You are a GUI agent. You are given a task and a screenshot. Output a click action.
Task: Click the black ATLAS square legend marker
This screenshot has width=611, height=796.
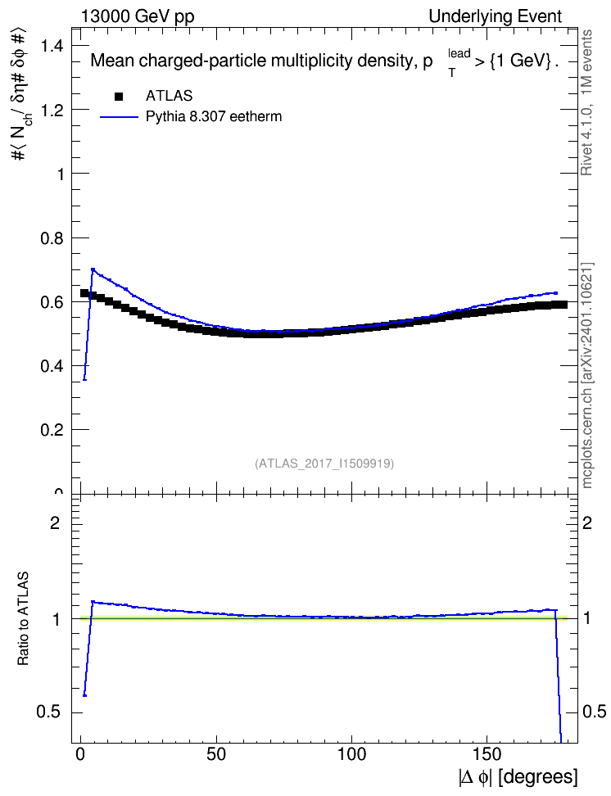pyautogui.click(x=119, y=96)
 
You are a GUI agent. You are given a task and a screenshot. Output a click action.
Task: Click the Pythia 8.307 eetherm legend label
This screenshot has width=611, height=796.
pyautogui.click(x=213, y=117)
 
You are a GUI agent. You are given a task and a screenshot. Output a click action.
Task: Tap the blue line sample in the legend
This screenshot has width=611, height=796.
pyautogui.click(x=119, y=117)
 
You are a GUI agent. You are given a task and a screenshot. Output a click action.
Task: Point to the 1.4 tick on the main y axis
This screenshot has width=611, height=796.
pyautogui.click(x=52, y=46)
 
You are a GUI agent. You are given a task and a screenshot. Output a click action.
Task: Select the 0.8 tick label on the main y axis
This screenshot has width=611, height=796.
pyautogui.click(x=52, y=238)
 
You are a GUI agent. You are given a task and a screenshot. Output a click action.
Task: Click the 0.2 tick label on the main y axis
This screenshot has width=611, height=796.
pyautogui.click(x=52, y=430)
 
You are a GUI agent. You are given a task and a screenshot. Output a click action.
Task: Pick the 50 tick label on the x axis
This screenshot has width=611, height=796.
pyautogui.click(x=216, y=754)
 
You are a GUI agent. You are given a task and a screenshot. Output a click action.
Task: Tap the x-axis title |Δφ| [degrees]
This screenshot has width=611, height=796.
pyautogui.click(x=518, y=777)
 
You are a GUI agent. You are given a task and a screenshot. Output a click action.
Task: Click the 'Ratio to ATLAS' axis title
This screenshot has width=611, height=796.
pyautogui.click(x=23, y=618)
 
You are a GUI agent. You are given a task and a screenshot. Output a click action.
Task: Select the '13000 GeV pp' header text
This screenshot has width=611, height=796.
pyautogui.click(x=137, y=16)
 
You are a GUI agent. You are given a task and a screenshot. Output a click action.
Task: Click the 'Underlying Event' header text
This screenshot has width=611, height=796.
pyautogui.click(x=496, y=16)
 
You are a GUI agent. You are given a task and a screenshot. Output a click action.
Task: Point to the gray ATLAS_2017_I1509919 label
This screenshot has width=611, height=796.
pyautogui.click(x=324, y=464)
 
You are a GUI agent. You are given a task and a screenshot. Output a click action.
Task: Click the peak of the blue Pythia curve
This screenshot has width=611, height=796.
pyautogui.click(x=93, y=269)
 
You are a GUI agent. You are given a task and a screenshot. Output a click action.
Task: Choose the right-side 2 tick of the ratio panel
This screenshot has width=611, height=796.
pyautogui.click(x=587, y=522)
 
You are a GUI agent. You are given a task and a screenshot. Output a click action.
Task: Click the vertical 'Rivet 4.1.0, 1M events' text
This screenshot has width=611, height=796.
pyautogui.click(x=586, y=102)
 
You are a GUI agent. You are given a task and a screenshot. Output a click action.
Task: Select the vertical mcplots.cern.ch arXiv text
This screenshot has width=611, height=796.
pyautogui.click(x=587, y=376)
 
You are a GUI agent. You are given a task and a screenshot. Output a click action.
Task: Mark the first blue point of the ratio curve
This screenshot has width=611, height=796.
pyautogui.click(x=85, y=695)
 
